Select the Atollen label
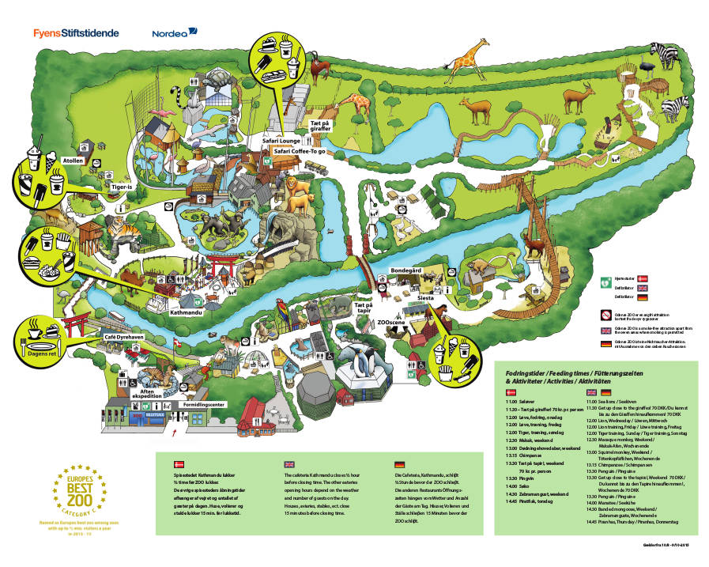point(74,160)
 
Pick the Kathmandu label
point(188,314)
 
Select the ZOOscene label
point(392,323)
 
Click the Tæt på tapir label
point(363,308)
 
